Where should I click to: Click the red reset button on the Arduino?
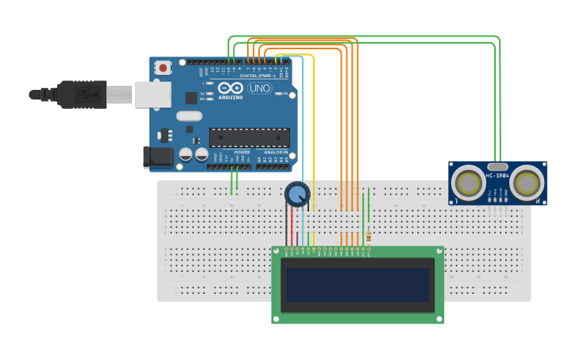[x=163, y=68]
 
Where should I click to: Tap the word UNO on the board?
[x=259, y=88]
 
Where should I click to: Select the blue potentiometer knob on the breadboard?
[x=296, y=194]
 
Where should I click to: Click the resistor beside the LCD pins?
[x=369, y=236]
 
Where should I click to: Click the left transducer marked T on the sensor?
[x=468, y=184]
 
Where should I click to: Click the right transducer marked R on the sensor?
[x=527, y=184]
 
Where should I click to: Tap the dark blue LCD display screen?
[x=358, y=285]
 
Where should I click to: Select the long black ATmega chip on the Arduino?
[x=249, y=137]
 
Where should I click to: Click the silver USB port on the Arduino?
[x=153, y=94]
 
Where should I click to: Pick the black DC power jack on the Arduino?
[x=157, y=157]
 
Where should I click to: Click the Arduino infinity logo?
[x=230, y=88]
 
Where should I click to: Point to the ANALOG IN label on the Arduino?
[x=273, y=152]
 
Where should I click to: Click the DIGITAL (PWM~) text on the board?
[x=254, y=75]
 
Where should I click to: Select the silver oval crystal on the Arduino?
[x=189, y=116]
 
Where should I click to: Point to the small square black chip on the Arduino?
[x=191, y=98]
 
